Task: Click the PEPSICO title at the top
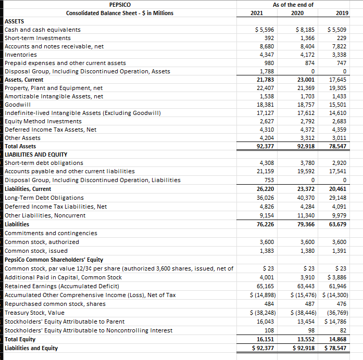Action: point(120,5)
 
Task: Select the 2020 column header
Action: point(297,13)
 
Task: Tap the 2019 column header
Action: point(339,13)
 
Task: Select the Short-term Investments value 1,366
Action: point(302,38)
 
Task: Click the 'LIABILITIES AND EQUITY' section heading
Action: point(36,155)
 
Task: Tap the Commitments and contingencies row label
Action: point(51,233)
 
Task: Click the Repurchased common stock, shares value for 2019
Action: point(341,304)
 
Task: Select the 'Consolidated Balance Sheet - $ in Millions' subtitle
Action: point(120,13)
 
